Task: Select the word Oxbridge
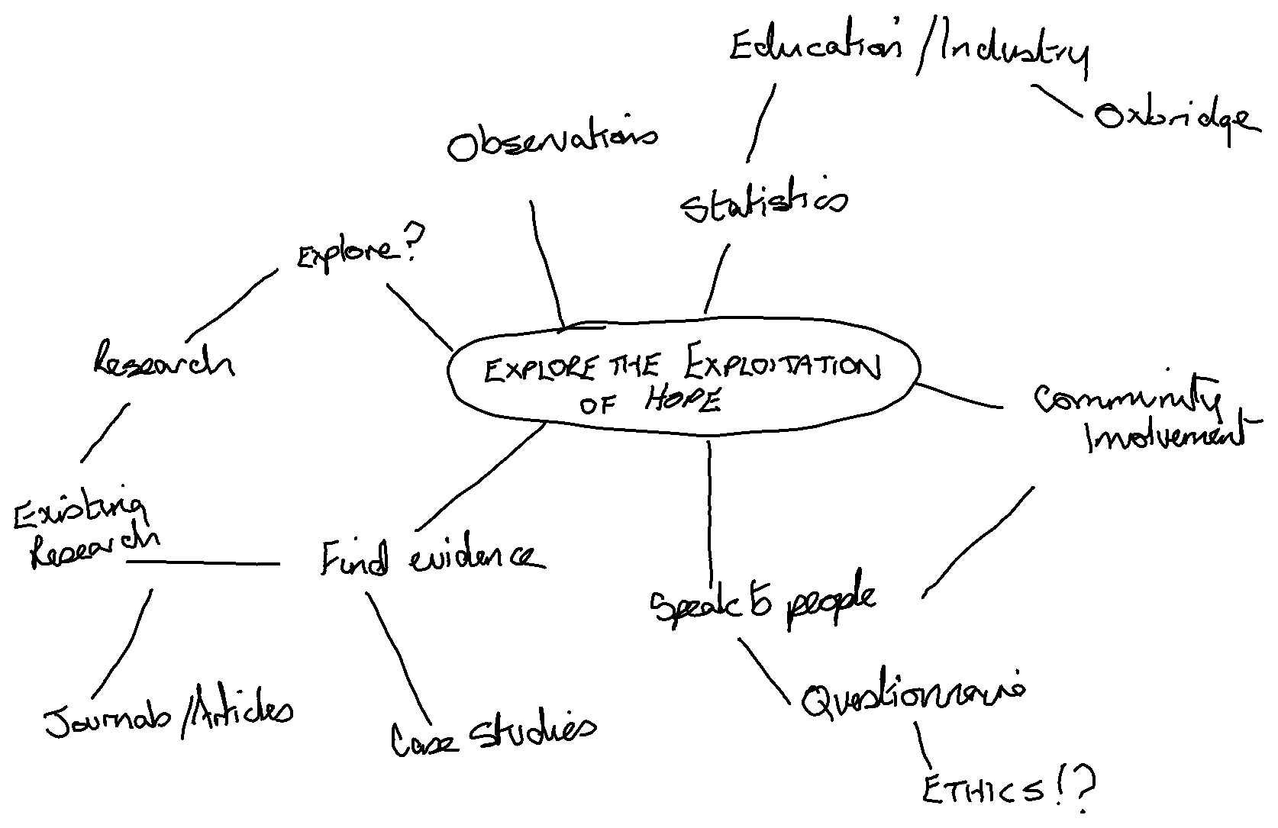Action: coord(1174,119)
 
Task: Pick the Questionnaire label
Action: coord(912,696)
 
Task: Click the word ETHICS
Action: coord(981,791)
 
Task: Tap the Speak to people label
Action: coord(763,602)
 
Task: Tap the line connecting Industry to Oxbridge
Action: coord(1058,101)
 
